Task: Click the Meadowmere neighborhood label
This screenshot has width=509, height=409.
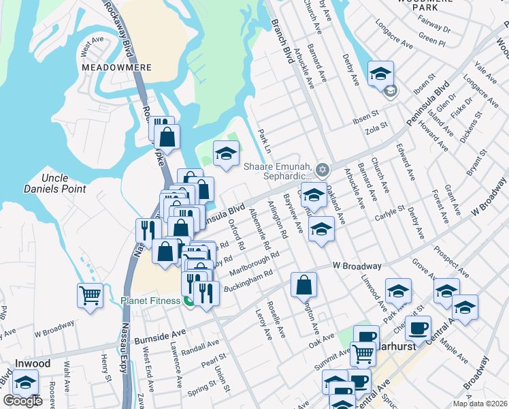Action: click(110, 68)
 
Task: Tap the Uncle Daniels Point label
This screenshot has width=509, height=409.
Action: click(63, 183)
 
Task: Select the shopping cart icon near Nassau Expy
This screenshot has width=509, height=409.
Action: click(90, 295)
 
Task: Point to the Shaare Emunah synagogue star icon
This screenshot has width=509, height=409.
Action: click(323, 170)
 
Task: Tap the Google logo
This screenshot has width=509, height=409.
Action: click(22, 402)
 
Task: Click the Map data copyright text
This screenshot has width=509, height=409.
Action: click(479, 404)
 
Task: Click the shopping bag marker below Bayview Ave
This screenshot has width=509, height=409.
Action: click(304, 284)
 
